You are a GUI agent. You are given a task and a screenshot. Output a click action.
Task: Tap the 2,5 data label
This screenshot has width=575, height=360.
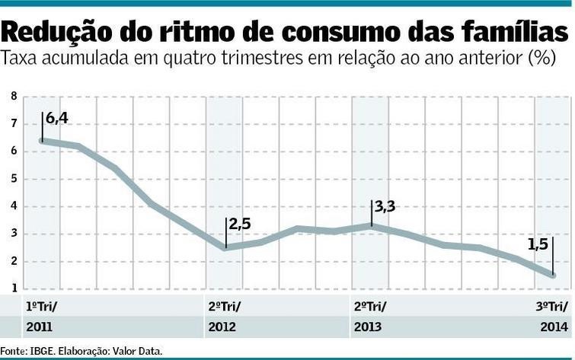click(240, 224)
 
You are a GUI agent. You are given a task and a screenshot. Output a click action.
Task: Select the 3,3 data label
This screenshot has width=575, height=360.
click(386, 205)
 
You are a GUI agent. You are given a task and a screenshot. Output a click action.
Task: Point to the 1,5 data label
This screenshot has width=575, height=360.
click(538, 244)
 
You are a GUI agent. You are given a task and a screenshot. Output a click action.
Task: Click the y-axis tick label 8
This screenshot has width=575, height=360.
click(14, 97)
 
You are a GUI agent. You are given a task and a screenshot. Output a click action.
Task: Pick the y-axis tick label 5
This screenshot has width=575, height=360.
click(14, 179)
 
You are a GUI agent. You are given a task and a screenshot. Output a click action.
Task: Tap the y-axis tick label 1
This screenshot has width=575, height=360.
click(14, 288)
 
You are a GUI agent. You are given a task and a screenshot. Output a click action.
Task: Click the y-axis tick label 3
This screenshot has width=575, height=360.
click(14, 234)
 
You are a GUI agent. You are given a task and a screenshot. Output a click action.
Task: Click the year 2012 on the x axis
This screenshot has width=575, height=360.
click(222, 327)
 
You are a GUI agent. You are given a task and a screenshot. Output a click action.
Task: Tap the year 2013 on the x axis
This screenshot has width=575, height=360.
click(368, 327)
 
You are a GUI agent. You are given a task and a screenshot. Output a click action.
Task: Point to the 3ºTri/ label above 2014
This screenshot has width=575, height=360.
click(552, 307)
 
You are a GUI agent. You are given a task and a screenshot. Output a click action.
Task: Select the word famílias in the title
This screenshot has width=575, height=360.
click(503, 33)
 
